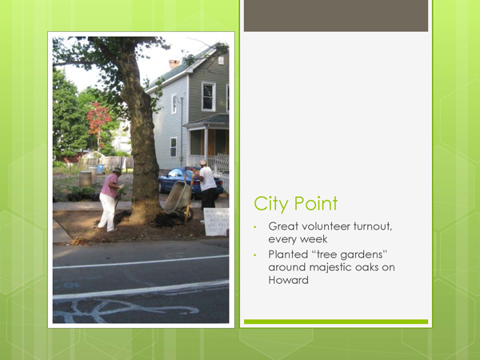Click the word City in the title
point(272,203)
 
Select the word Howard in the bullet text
point(288,280)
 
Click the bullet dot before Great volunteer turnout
point(254,227)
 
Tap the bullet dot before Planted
point(254,255)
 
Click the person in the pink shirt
point(110,200)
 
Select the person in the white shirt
point(206,186)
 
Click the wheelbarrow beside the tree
point(179,199)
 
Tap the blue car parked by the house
point(190,182)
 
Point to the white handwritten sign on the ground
point(216,222)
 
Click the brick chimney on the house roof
point(174,63)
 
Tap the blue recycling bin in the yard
point(100,168)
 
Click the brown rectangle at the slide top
point(336,15)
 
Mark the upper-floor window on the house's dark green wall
point(208,97)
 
